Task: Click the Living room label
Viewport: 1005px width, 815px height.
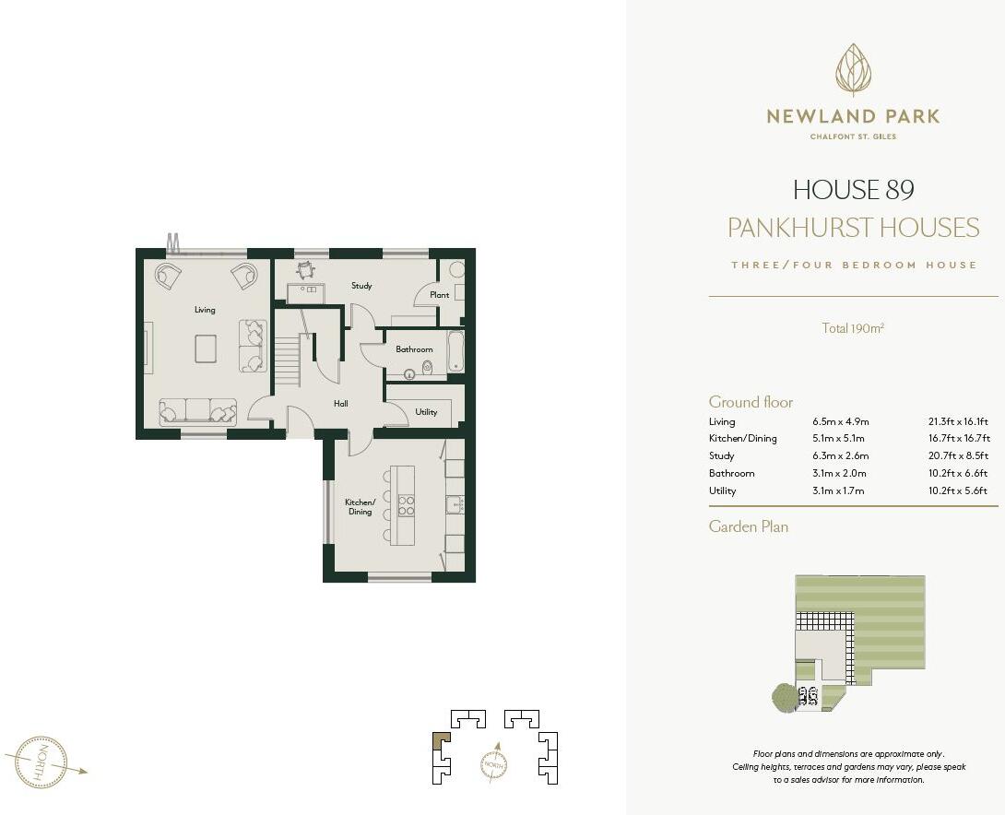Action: tap(205, 310)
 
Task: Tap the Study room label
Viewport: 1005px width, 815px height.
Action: tap(361, 286)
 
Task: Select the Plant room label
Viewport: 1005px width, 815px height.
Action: tap(439, 295)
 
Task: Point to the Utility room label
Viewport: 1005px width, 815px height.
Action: tap(426, 412)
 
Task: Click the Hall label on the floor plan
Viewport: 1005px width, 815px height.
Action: tap(341, 404)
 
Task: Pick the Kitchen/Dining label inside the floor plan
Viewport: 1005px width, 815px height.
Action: tap(360, 507)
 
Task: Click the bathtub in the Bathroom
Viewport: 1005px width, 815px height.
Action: tap(455, 352)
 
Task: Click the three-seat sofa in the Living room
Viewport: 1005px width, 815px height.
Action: tap(197, 410)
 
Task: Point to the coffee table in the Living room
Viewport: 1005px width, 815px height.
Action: tap(205, 348)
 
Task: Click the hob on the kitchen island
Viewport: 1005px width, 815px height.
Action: tap(405, 505)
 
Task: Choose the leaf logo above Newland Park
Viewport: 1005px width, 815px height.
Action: tap(853, 70)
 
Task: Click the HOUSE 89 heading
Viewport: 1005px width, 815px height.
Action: tap(853, 190)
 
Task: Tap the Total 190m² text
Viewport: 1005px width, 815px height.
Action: tap(853, 327)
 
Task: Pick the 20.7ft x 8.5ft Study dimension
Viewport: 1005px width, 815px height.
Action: tap(957, 455)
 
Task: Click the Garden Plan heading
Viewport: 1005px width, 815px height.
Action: tap(748, 526)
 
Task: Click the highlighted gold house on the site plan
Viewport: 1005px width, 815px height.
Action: tap(442, 740)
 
